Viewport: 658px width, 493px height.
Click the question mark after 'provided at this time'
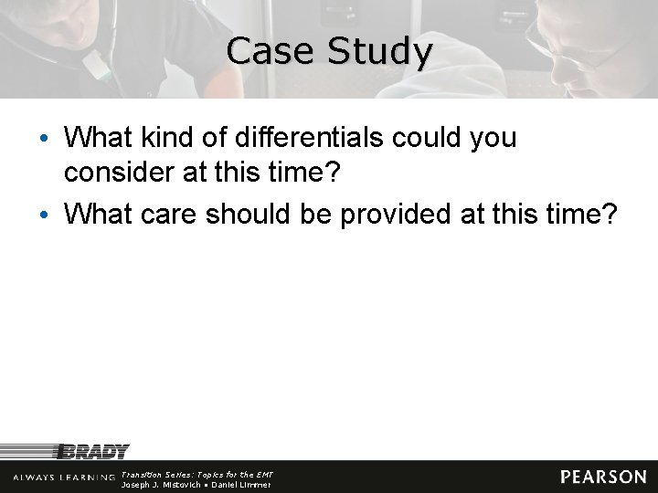tap(610, 214)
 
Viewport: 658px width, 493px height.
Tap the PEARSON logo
tap(603, 477)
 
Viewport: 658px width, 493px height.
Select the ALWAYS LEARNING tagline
tap(64, 477)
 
